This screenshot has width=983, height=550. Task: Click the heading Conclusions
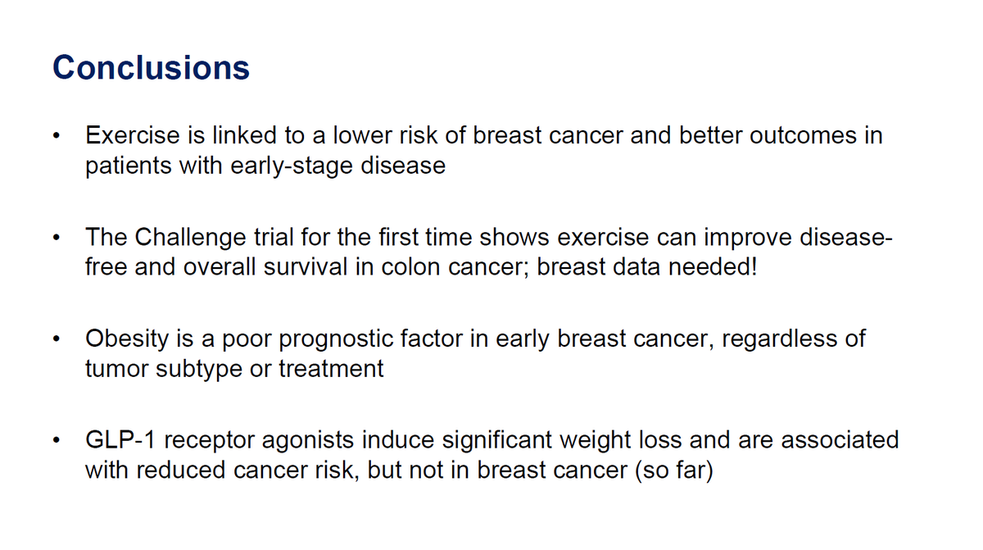151,67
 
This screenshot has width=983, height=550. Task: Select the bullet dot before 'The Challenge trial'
55,239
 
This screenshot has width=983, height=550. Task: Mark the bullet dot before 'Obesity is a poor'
55,339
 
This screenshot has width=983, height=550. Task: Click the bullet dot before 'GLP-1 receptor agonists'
55,442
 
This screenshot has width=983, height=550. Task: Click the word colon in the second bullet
418,267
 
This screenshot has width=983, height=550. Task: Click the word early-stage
283,166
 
